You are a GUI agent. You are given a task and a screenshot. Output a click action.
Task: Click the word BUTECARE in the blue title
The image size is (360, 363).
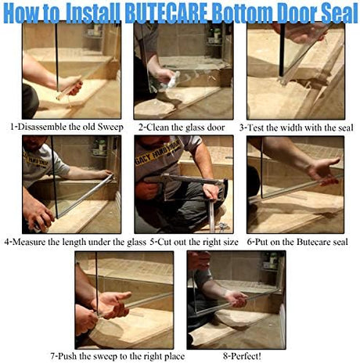point(167,13)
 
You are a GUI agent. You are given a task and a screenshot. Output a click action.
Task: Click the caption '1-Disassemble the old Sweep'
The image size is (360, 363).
point(67,127)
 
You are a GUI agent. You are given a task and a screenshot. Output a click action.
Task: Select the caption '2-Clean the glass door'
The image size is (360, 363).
point(182,128)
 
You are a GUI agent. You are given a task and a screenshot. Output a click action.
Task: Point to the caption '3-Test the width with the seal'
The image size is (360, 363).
point(297,128)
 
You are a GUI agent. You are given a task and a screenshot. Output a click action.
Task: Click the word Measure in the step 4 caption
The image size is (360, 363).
point(29,242)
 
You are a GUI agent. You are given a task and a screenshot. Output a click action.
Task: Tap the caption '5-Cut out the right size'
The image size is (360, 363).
point(194,242)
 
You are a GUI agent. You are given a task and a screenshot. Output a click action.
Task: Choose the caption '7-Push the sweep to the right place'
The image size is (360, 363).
point(117,356)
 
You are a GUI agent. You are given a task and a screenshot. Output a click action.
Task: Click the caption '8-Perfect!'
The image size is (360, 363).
point(242,356)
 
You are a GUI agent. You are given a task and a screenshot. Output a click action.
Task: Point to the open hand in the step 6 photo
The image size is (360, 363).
point(323,171)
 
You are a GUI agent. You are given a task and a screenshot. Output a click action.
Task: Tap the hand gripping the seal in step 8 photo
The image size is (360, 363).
point(236,299)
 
